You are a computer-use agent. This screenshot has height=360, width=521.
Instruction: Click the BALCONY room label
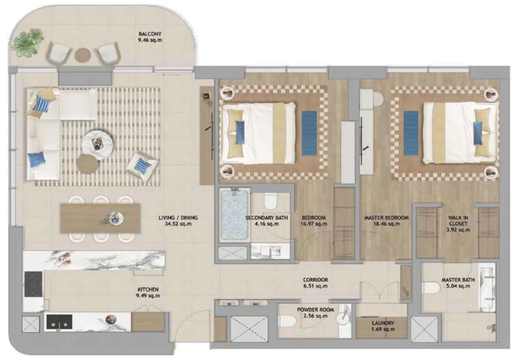coord(150,34)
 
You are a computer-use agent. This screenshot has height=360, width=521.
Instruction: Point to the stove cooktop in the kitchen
coord(33,284)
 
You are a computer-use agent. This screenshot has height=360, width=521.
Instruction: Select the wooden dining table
coord(100,218)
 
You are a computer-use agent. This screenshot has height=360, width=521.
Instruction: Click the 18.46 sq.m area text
coord(386,224)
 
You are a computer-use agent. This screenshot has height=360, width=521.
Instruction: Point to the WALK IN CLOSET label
coord(457,221)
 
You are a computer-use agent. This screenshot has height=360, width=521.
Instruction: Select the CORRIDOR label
coord(315,280)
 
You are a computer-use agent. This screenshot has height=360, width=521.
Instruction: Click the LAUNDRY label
coord(382,323)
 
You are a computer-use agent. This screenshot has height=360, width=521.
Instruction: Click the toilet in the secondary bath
coord(270,201)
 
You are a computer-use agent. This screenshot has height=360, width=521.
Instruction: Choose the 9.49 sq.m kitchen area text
coord(148,296)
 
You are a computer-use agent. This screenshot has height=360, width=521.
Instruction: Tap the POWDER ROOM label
coord(315,309)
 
